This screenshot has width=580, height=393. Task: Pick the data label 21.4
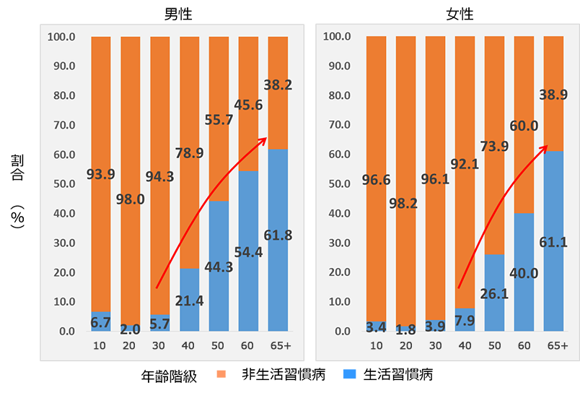click(x=189, y=301)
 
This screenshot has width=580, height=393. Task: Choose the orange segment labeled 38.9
click(x=553, y=94)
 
